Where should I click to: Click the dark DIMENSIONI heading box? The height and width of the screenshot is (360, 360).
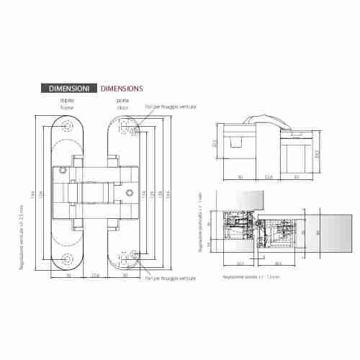pos(69,89)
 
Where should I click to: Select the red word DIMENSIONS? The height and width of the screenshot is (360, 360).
pos(122,89)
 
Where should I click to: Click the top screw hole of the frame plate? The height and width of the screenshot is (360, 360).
pos(68,126)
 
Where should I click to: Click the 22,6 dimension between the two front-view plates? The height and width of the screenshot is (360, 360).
pos(95,275)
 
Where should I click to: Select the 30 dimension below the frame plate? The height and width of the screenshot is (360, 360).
pos(68,275)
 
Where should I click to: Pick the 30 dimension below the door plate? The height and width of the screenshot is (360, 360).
pos(124,275)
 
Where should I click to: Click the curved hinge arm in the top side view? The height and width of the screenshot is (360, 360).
pos(266,123)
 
